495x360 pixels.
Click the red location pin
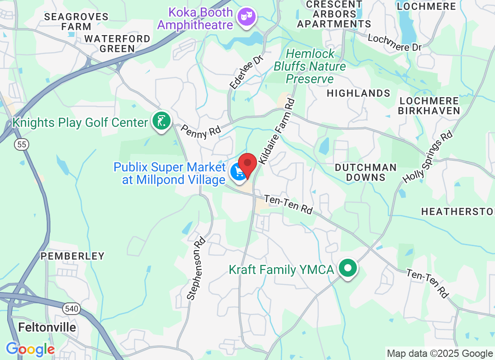tap(247, 163)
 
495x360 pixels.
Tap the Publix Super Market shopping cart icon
tap(238, 171)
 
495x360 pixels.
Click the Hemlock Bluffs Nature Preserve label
tap(310, 67)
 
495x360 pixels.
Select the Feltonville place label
tap(47, 327)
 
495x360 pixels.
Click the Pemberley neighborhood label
tap(72, 256)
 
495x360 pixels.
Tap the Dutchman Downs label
tap(366, 172)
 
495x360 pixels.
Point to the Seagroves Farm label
tap(76, 22)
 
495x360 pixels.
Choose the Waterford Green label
tap(117, 44)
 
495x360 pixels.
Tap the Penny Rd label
tap(201, 131)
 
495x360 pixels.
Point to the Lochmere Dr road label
tap(395, 42)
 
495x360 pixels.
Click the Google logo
tap(30, 349)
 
